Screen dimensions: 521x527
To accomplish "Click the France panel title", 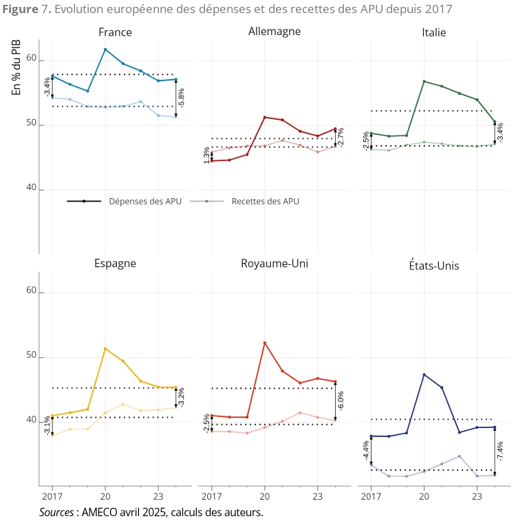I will click(x=115, y=32).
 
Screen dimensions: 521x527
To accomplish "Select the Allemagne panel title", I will click(x=274, y=32).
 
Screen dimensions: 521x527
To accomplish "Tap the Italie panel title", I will click(x=433, y=32).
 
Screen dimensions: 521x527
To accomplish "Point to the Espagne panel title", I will click(x=115, y=264).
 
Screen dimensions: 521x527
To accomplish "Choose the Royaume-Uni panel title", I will click(x=275, y=264).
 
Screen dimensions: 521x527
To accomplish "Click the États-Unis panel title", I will click(x=433, y=265).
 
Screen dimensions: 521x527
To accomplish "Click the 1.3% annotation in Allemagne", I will click(x=206, y=156).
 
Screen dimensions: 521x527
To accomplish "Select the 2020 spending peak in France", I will click(x=105, y=50).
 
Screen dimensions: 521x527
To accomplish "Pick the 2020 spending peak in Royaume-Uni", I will click(x=265, y=343).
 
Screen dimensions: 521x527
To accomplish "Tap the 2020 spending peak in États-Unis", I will click(x=424, y=374).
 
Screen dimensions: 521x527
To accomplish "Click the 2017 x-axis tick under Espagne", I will click(x=52, y=495).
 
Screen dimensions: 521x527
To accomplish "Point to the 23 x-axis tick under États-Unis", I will click(x=477, y=495).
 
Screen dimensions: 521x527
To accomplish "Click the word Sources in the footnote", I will click(x=56, y=512).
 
